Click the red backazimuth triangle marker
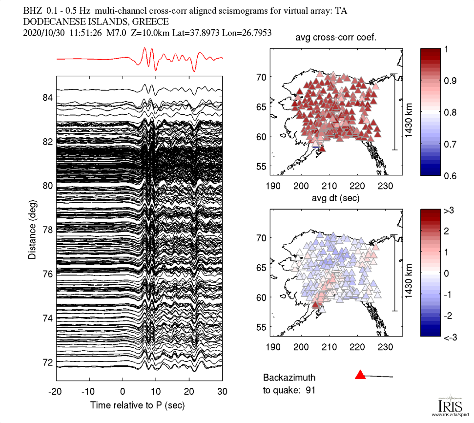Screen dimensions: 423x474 click(360, 375)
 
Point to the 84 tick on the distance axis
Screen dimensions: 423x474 click(48, 98)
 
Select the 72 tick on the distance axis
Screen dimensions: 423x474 click(48, 362)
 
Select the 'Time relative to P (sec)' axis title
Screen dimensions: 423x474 click(137, 405)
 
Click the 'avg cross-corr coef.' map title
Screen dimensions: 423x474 click(336, 39)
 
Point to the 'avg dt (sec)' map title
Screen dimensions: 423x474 click(336, 198)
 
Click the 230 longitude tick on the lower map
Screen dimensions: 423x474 click(385, 347)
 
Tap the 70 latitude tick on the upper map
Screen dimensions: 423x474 click(263, 77)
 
